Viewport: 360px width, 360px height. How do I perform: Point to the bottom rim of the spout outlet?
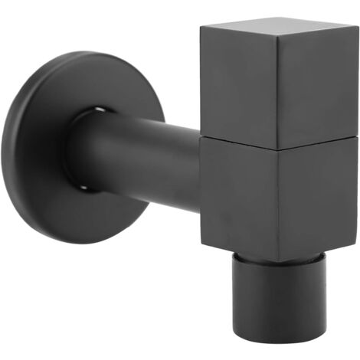tap(283, 337)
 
